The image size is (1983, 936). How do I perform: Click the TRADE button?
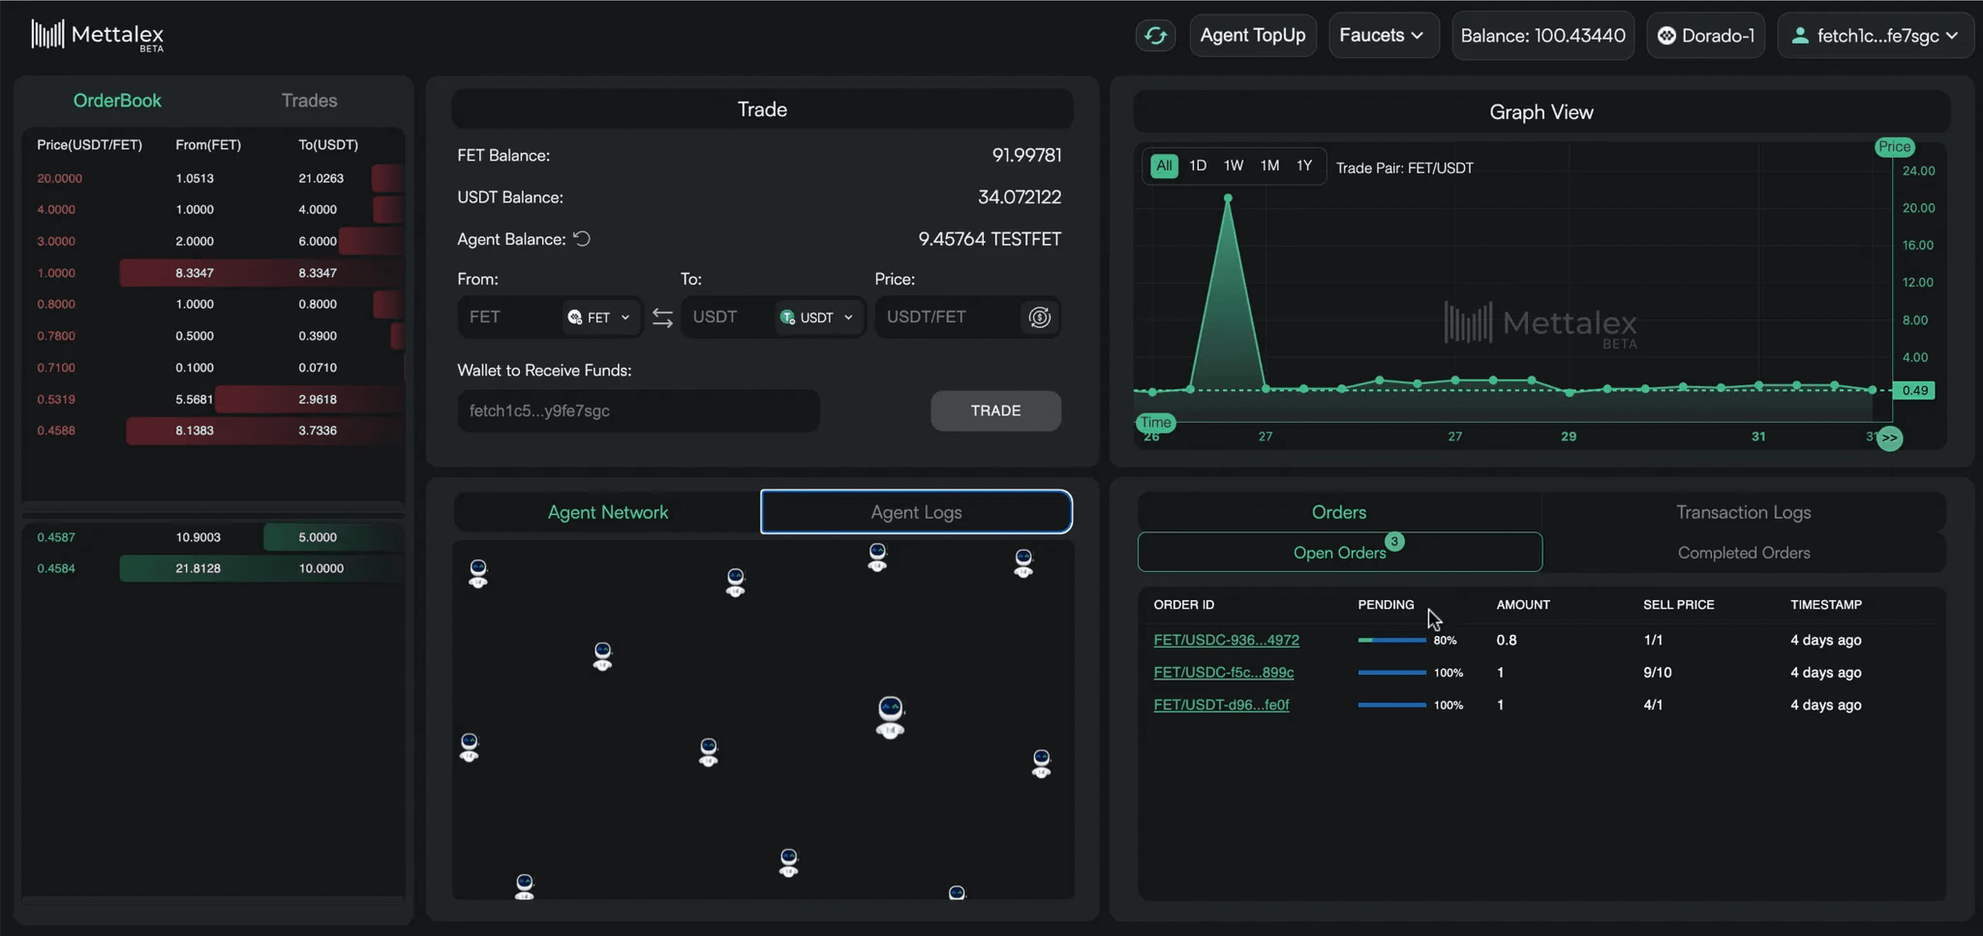995,410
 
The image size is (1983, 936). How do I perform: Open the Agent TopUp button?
1252,35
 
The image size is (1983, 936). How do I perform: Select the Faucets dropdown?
1383,35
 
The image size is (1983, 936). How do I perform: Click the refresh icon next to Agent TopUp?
1155,35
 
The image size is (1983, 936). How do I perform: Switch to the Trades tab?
309,100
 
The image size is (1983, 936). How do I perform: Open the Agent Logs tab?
916,512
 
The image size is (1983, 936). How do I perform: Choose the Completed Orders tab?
1743,553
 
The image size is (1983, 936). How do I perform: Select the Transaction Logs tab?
1743,512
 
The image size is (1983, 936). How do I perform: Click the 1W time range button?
1233,166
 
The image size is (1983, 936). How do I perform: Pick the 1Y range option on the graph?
1304,166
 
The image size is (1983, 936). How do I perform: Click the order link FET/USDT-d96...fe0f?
1221,704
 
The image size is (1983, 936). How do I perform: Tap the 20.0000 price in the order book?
59,178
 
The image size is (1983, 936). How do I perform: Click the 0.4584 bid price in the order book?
56,568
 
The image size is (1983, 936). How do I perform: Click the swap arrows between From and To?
662,317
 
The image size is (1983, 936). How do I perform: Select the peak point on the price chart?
1228,198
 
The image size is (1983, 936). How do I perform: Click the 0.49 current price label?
1914,390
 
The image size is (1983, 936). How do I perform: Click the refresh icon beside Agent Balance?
582,239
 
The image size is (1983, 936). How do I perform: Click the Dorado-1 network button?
1706,35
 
